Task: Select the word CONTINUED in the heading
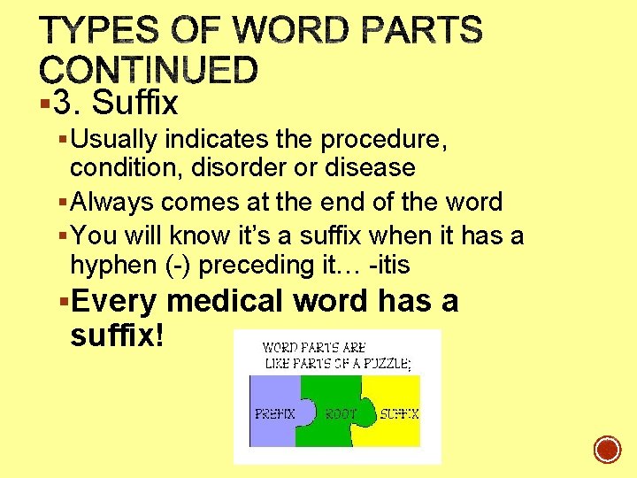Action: (x=149, y=70)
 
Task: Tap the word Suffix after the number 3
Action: (x=135, y=104)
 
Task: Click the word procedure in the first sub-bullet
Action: (x=383, y=140)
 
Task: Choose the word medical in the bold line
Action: (x=226, y=301)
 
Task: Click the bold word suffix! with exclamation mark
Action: (x=115, y=335)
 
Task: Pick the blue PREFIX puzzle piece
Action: (x=276, y=412)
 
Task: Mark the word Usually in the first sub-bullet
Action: (x=112, y=140)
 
